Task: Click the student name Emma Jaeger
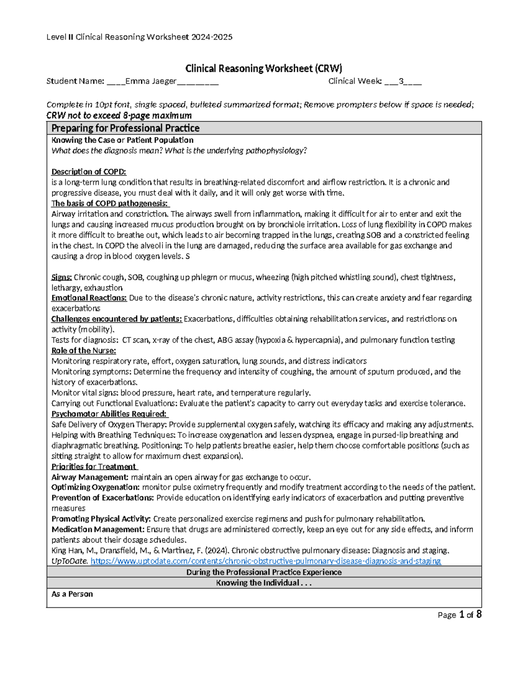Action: click(151, 81)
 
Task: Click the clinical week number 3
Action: click(401, 81)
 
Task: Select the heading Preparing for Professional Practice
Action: click(125, 128)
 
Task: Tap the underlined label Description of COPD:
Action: click(88, 172)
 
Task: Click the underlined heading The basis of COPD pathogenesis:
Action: click(110, 203)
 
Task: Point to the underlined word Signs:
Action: click(61, 277)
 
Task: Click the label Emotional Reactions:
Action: click(89, 298)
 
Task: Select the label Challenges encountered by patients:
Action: click(117, 319)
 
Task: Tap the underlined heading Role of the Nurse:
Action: click(84, 351)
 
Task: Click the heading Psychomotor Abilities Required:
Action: click(109, 414)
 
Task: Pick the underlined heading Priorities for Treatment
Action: click(94, 467)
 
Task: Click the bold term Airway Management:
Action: click(90, 477)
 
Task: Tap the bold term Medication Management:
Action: click(98, 530)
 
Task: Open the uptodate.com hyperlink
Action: click(265, 561)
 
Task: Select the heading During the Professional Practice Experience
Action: click(264, 572)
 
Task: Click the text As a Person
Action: click(72, 594)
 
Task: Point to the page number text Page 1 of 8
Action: click(459, 615)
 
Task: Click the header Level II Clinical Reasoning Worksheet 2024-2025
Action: click(139, 37)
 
